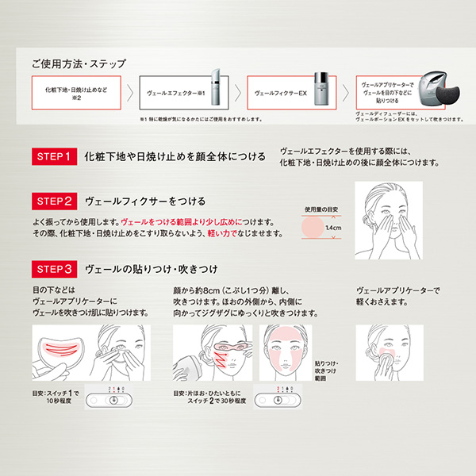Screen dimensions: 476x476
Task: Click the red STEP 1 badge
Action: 53,155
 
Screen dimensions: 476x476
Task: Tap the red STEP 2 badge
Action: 53,201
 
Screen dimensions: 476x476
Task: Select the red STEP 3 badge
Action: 53,267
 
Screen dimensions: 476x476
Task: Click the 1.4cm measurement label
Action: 333,229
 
